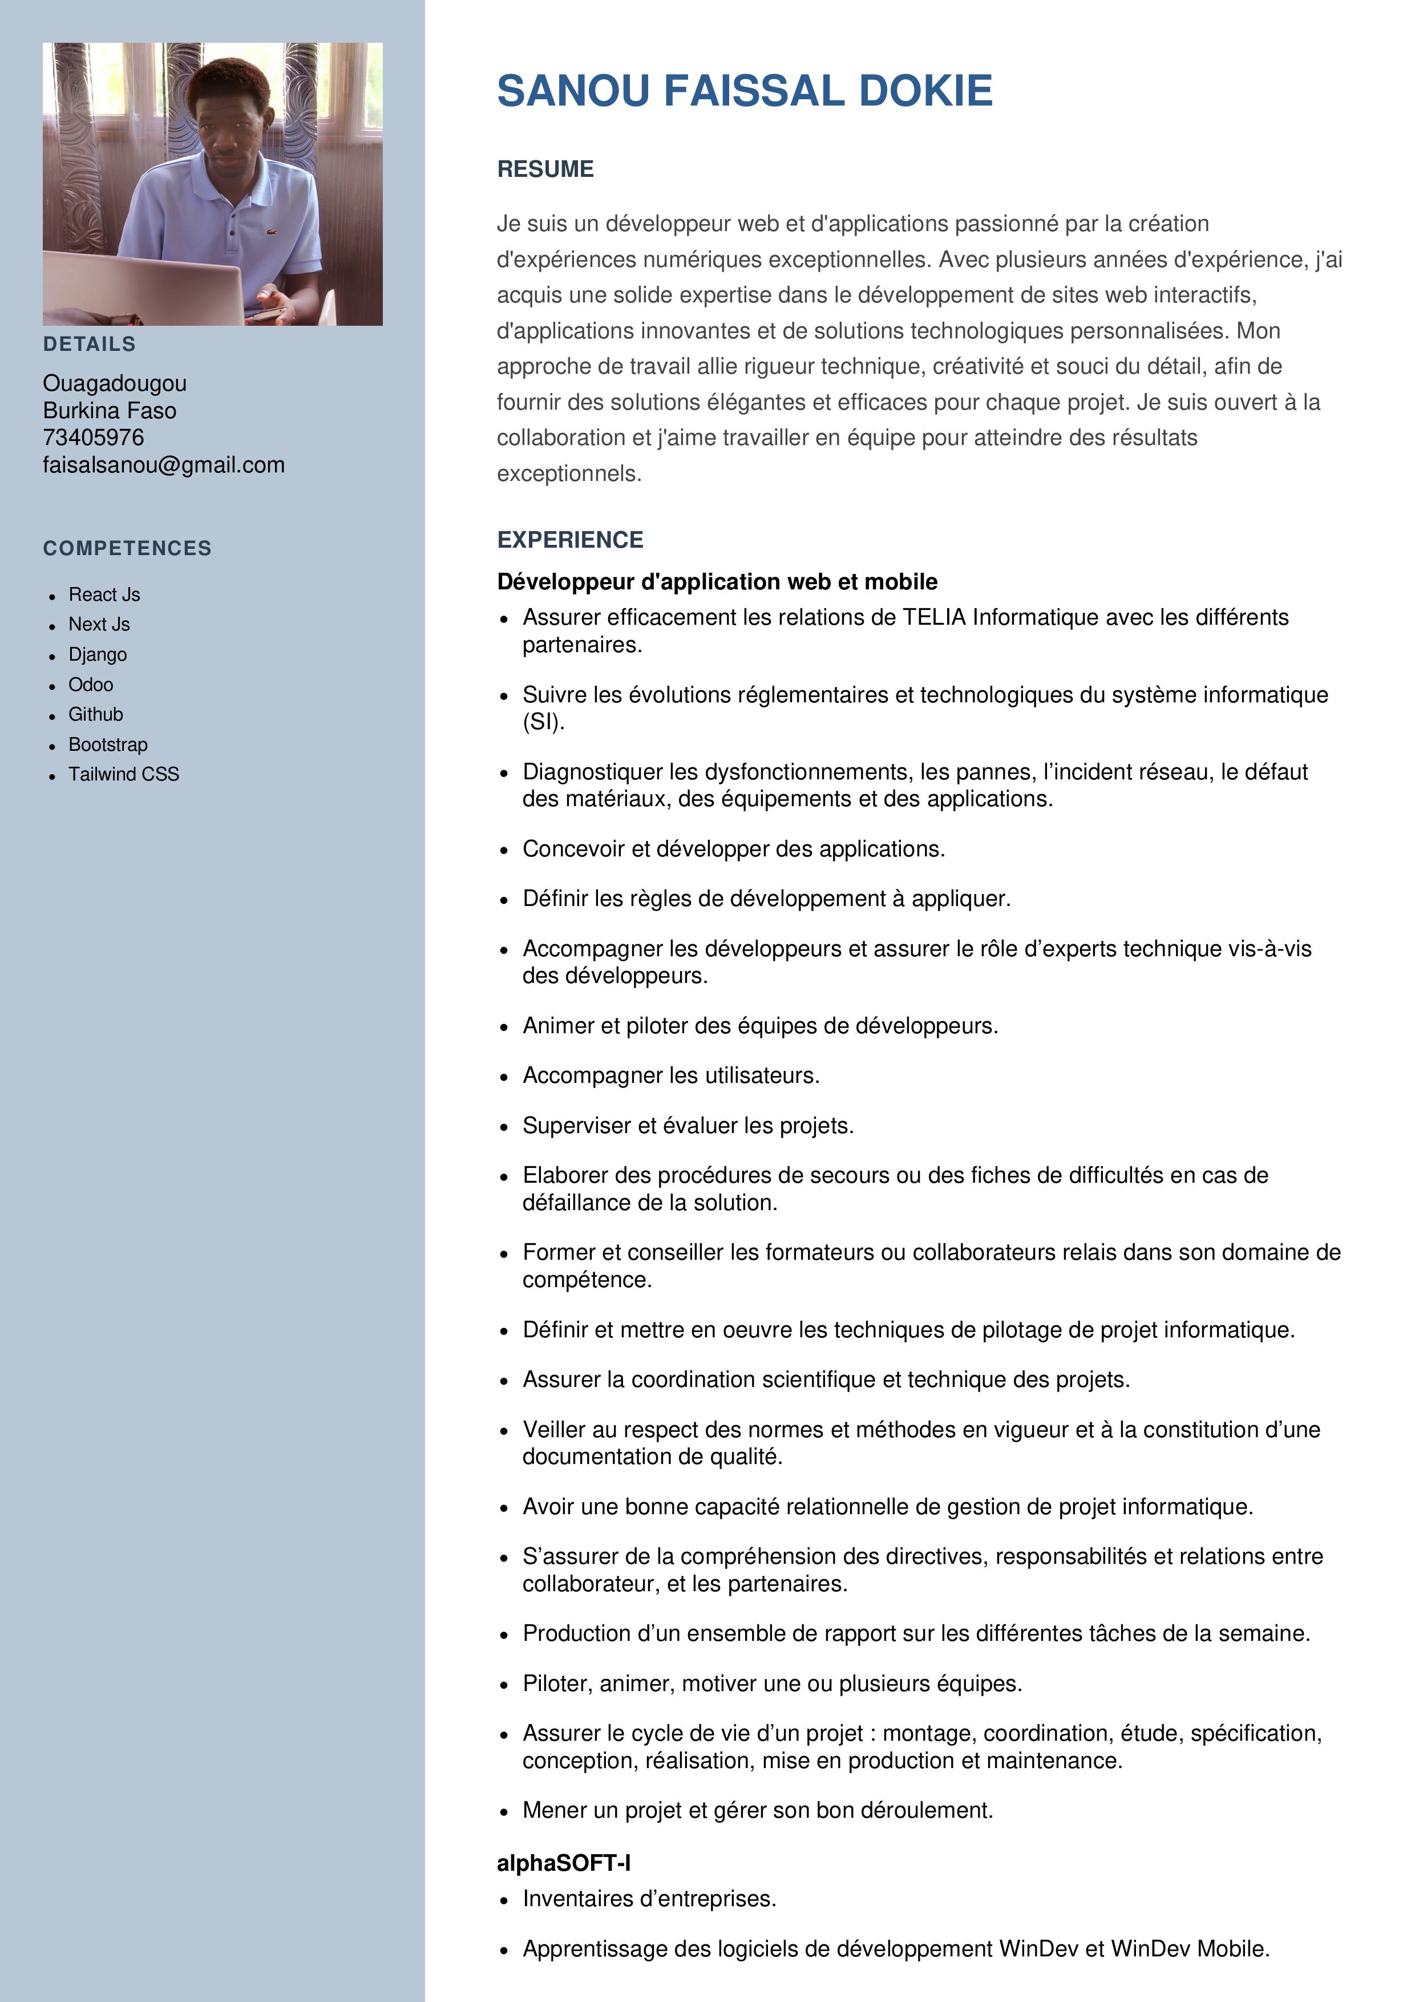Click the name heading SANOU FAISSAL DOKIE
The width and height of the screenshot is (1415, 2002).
coord(745,91)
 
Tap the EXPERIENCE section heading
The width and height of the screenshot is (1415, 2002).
coord(569,540)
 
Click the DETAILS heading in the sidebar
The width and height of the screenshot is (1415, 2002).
coord(90,345)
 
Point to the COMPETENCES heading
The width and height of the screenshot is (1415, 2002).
coord(127,548)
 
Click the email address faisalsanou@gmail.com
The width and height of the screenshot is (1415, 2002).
coord(164,465)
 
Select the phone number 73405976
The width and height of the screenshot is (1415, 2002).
coord(93,438)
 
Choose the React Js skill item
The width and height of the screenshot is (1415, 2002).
coord(104,594)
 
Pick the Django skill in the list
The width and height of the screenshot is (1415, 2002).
coord(98,655)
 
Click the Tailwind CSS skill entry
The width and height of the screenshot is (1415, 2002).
coord(124,774)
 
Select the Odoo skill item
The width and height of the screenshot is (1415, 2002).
coord(91,685)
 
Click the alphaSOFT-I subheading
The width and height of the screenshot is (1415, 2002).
coord(563,1863)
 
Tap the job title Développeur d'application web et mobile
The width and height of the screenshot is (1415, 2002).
coord(717,581)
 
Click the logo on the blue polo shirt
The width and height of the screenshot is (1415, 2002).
coord(270,233)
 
